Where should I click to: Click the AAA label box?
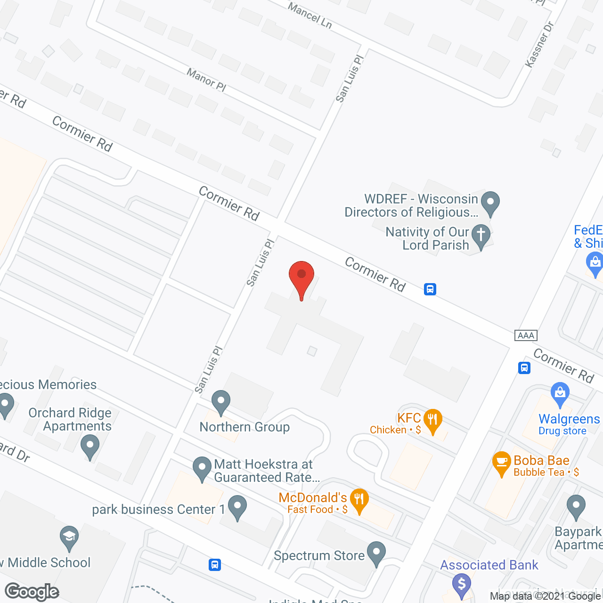(x=526, y=335)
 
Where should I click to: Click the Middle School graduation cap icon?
(x=69, y=537)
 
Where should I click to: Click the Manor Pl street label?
(x=206, y=80)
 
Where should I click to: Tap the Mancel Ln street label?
(x=310, y=16)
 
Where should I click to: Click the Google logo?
(x=32, y=592)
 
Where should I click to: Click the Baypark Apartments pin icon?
(x=576, y=506)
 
